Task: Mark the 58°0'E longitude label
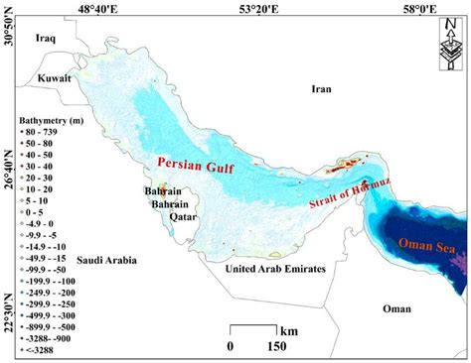click(x=413, y=9)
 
